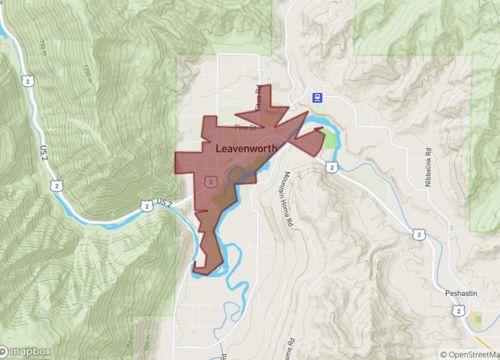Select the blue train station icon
(x=317, y=97)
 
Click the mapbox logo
(x=27, y=351)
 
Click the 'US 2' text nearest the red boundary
(x=167, y=203)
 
